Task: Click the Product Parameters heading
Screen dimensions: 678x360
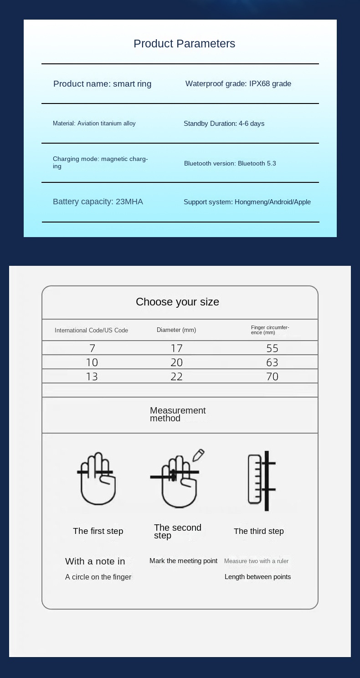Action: pyautogui.click(x=184, y=44)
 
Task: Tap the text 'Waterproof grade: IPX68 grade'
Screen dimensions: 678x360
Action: pyautogui.click(x=238, y=83)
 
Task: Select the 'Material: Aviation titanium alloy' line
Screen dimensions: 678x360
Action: pyautogui.click(x=94, y=123)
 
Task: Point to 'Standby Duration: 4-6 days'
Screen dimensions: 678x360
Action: pyautogui.click(x=224, y=124)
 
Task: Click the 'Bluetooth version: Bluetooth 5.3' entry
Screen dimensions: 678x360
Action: pyautogui.click(x=230, y=163)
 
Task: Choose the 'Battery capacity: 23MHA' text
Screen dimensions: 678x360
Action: pyautogui.click(x=98, y=202)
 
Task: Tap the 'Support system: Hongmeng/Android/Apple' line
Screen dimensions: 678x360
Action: pyautogui.click(x=247, y=202)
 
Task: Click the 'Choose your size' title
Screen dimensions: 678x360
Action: pyautogui.click(x=177, y=302)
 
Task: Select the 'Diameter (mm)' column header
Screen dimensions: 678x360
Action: pyautogui.click(x=176, y=330)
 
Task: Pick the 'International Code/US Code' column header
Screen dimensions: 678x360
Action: pyautogui.click(x=91, y=330)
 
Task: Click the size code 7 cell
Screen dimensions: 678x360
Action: pyautogui.click(x=92, y=348)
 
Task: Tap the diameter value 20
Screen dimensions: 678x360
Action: pyautogui.click(x=176, y=362)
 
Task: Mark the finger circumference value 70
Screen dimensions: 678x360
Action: pyautogui.click(x=272, y=377)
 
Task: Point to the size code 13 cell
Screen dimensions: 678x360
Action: pyautogui.click(x=92, y=377)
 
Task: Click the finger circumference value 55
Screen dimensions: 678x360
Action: pyautogui.click(x=272, y=348)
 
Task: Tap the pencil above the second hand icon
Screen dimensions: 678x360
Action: pyautogui.click(x=198, y=455)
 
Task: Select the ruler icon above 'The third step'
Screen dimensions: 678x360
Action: pyautogui.click(x=255, y=479)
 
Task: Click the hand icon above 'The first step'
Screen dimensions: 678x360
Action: pyautogui.click(x=97, y=479)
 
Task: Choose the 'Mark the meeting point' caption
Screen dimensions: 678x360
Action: pyautogui.click(x=183, y=561)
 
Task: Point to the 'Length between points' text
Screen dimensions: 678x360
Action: pyautogui.click(x=257, y=577)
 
